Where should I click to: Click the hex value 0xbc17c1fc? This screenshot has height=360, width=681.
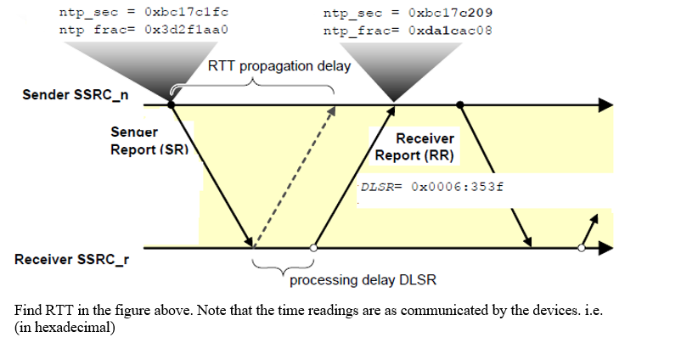[x=186, y=14]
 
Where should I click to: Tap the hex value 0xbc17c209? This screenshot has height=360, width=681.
[x=450, y=14]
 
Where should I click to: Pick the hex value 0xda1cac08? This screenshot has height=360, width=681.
[x=450, y=30]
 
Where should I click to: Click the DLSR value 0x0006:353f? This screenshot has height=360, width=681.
[x=457, y=187]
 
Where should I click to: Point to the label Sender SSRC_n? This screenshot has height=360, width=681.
[x=76, y=94]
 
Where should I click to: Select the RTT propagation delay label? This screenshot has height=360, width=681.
[x=279, y=66]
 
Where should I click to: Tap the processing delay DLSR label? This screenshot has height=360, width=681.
[x=363, y=279]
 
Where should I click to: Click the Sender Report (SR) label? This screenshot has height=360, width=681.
[x=149, y=141]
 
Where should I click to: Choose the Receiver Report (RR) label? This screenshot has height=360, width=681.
[x=414, y=147]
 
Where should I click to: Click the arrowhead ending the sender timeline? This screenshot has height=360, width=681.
[x=605, y=104]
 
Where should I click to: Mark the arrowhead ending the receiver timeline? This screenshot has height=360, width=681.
[x=605, y=248]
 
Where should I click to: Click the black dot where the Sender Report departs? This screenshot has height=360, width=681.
[x=172, y=104]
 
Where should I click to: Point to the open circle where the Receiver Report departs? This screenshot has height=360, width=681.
[x=314, y=248]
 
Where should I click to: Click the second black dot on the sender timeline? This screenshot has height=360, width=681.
[x=460, y=104]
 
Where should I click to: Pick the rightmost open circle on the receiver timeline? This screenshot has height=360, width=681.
[x=582, y=248]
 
